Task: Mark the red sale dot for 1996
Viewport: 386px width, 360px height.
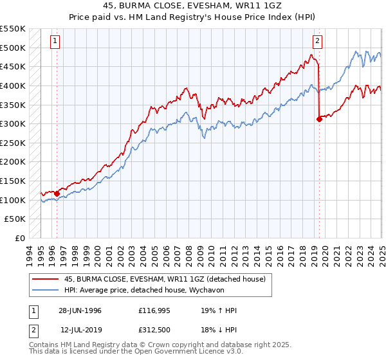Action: pyautogui.click(x=57, y=193)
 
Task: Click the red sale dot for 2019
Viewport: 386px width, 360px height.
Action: pyautogui.click(x=319, y=118)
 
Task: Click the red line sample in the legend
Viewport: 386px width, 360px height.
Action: pyautogui.click(x=45, y=278)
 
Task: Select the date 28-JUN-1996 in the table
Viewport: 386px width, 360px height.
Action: pyautogui.click(x=80, y=310)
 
